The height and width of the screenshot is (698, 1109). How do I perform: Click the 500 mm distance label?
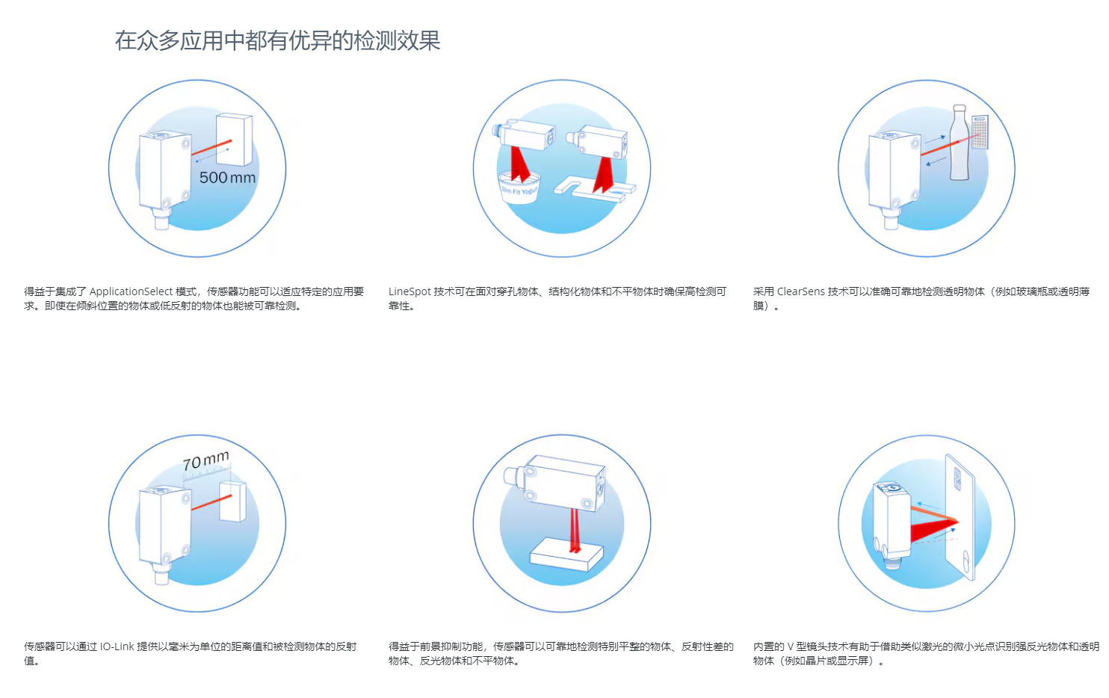pyautogui.click(x=227, y=177)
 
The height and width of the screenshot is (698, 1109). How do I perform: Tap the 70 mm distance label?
pyautogui.click(x=206, y=461)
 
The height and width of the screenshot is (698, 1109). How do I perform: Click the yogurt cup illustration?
pyautogui.click(x=519, y=187)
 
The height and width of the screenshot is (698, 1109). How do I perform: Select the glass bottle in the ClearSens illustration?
pyautogui.click(x=959, y=143)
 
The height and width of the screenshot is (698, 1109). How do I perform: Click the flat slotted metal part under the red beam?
pyautogui.click(x=595, y=189)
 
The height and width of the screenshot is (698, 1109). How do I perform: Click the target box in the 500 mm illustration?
pyautogui.click(x=235, y=140)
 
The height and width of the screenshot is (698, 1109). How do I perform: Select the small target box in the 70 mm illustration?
pyautogui.click(x=232, y=501)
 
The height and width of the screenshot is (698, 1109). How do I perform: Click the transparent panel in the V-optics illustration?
pyautogui.click(x=960, y=517)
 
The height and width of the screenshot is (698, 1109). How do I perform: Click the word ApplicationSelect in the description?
pyautogui.click(x=132, y=291)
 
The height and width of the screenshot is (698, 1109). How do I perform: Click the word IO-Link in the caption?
pyautogui.click(x=117, y=646)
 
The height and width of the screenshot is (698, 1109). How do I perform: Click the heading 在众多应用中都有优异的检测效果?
pyautogui.click(x=278, y=40)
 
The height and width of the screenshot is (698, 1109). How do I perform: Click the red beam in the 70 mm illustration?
pyautogui.click(x=211, y=502)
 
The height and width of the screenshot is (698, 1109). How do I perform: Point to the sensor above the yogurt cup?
pyautogui.click(x=524, y=134)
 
